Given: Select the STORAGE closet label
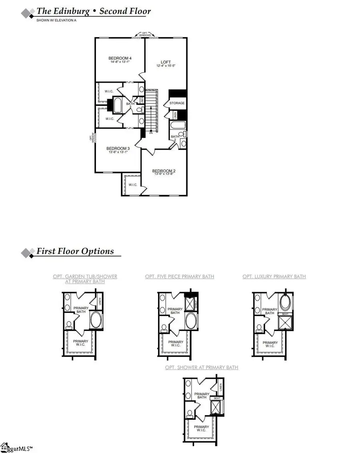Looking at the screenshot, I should pyautogui.click(x=177, y=103).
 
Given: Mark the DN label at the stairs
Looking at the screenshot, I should pyautogui.click(x=151, y=133).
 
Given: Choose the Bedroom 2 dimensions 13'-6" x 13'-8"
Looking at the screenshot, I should pyautogui.click(x=164, y=175).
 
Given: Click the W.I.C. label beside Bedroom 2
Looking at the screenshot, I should pyautogui.click(x=132, y=185).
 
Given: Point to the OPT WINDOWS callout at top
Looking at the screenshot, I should pyautogui.click(x=145, y=35).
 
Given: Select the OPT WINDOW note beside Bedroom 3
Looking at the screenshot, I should pyautogui.click(x=92, y=138).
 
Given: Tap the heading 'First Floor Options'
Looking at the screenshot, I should pyautogui.click(x=75, y=251).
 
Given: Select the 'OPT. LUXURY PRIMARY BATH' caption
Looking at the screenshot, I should pyautogui.click(x=274, y=276).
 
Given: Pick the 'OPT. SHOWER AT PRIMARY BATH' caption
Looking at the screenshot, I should pyautogui.click(x=202, y=367).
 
